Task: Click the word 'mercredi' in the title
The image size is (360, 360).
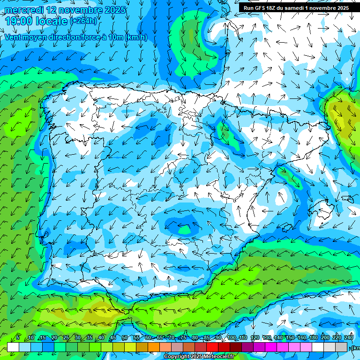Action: (x=23, y=10)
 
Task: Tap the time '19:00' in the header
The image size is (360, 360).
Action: (x=19, y=21)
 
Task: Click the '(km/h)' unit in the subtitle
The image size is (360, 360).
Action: (x=136, y=37)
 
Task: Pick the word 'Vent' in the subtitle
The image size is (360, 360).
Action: (x=14, y=37)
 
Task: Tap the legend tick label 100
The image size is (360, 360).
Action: (x=232, y=338)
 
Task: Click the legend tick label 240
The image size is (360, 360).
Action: (x=349, y=338)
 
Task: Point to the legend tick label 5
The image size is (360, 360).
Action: (x=18, y=338)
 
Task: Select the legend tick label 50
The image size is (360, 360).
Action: (x=125, y=338)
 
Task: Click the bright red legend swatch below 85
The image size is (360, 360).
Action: (x=212, y=347)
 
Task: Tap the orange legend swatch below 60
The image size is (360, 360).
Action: (x=154, y=347)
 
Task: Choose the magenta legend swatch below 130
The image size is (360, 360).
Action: (x=271, y=347)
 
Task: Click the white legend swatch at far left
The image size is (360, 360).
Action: (x=13, y=347)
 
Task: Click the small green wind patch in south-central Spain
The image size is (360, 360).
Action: (x=185, y=230)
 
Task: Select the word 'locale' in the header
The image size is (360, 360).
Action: (x=51, y=21)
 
